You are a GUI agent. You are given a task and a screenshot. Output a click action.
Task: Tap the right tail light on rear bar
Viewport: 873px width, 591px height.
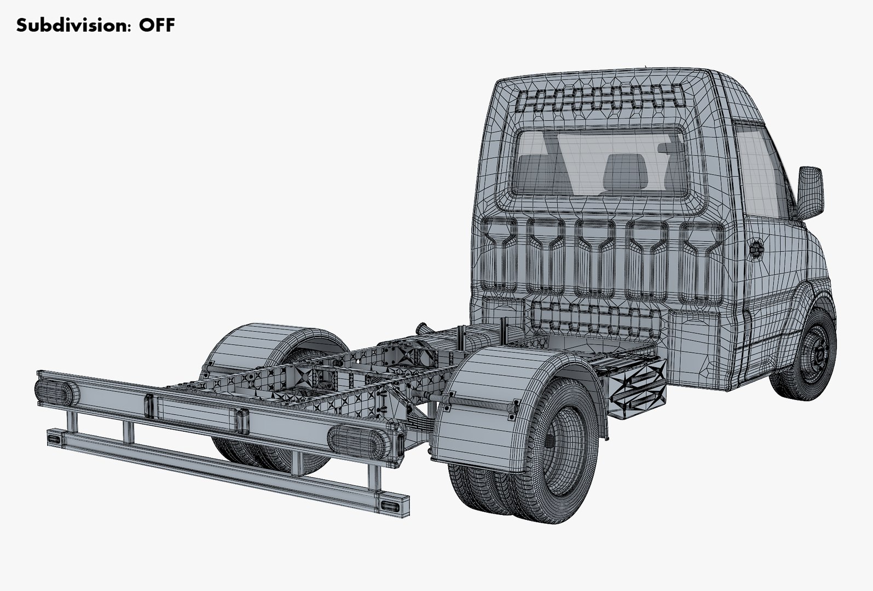(x=356, y=438)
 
